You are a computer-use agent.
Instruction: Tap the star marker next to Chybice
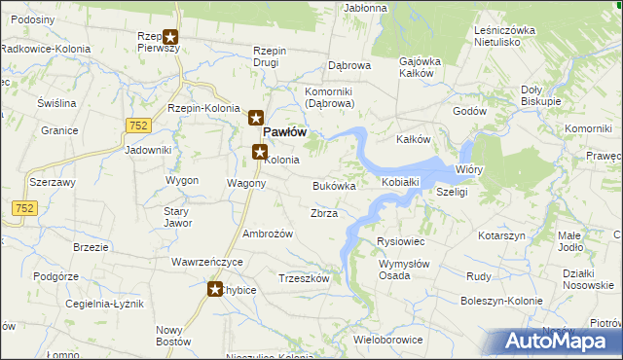pyautogui.click(x=215, y=288)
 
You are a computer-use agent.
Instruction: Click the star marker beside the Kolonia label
pyautogui.click(x=260, y=151)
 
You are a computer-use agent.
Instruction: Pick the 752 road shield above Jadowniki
pyautogui.click(x=137, y=125)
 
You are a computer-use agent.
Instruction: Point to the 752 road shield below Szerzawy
pyautogui.click(x=24, y=207)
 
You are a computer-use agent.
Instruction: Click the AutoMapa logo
pyautogui.click(x=561, y=342)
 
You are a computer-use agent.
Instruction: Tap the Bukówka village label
pyautogui.click(x=334, y=185)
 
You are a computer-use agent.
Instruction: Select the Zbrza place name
pyautogui.click(x=323, y=213)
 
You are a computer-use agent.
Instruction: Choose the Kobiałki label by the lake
pyautogui.click(x=400, y=182)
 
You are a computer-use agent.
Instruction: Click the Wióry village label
pyautogui.click(x=469, y=169)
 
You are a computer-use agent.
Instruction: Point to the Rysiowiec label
pyautogui.click(x=400, y=241)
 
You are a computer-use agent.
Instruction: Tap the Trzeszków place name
pyautogui.click(x=305, y=278)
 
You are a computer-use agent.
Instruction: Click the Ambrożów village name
pyautogui.click(x=268, y=234)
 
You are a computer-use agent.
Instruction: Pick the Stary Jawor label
pyautogui.click(x=176, y=217)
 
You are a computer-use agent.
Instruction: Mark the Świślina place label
pyautogui.click(x=56, y=102)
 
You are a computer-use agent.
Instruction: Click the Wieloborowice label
pyautogui.click(x=388, y=340)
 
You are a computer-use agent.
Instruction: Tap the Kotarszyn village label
pyautogui.click(x=501, y=236)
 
